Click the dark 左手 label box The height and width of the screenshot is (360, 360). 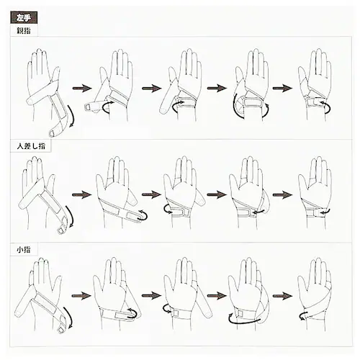(24, 17)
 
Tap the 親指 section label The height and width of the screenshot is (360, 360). (24, 31)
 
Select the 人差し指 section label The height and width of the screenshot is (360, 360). (31, 146)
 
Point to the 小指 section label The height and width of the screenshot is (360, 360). (24, 250)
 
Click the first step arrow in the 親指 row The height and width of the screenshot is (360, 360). (82, 88)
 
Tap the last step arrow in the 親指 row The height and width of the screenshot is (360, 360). (282, 88)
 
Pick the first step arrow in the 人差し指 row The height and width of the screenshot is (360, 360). (82, 194)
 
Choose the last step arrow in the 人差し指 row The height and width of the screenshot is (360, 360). (282, 194)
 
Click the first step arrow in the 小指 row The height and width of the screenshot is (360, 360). (81, 295)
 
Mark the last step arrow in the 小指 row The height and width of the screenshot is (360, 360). (282, 296)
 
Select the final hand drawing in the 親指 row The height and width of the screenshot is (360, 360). (315, 85)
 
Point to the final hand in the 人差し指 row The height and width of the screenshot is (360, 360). (315, 193)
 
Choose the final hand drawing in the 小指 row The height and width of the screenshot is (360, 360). (315, 294)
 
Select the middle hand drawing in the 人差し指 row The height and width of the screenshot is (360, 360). (184, 193)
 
